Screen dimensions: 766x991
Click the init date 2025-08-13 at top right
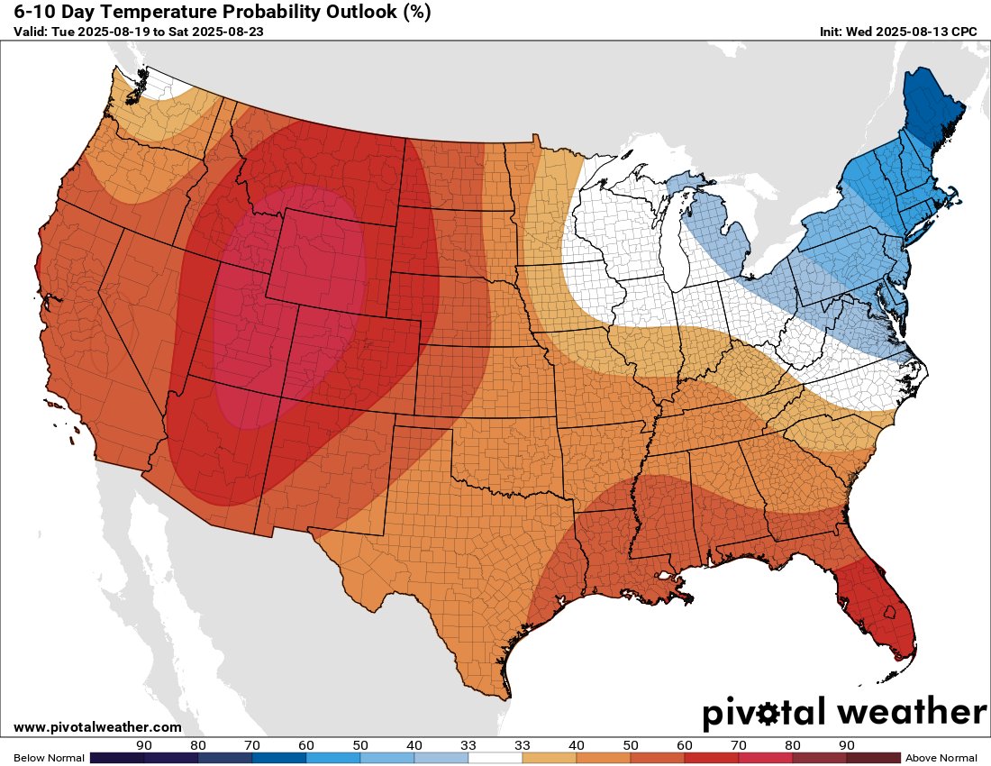[913, 32]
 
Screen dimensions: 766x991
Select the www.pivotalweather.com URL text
[97, 727]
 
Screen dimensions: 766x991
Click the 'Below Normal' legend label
[49, 758]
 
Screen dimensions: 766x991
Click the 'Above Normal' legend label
[941, 758]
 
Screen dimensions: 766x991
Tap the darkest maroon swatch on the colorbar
[873, 758]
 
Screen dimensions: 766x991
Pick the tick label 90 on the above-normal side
[846, 745]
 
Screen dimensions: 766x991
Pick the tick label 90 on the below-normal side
[143, 745]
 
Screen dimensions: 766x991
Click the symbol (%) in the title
[414, 13]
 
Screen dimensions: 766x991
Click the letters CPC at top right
[965, 32]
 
